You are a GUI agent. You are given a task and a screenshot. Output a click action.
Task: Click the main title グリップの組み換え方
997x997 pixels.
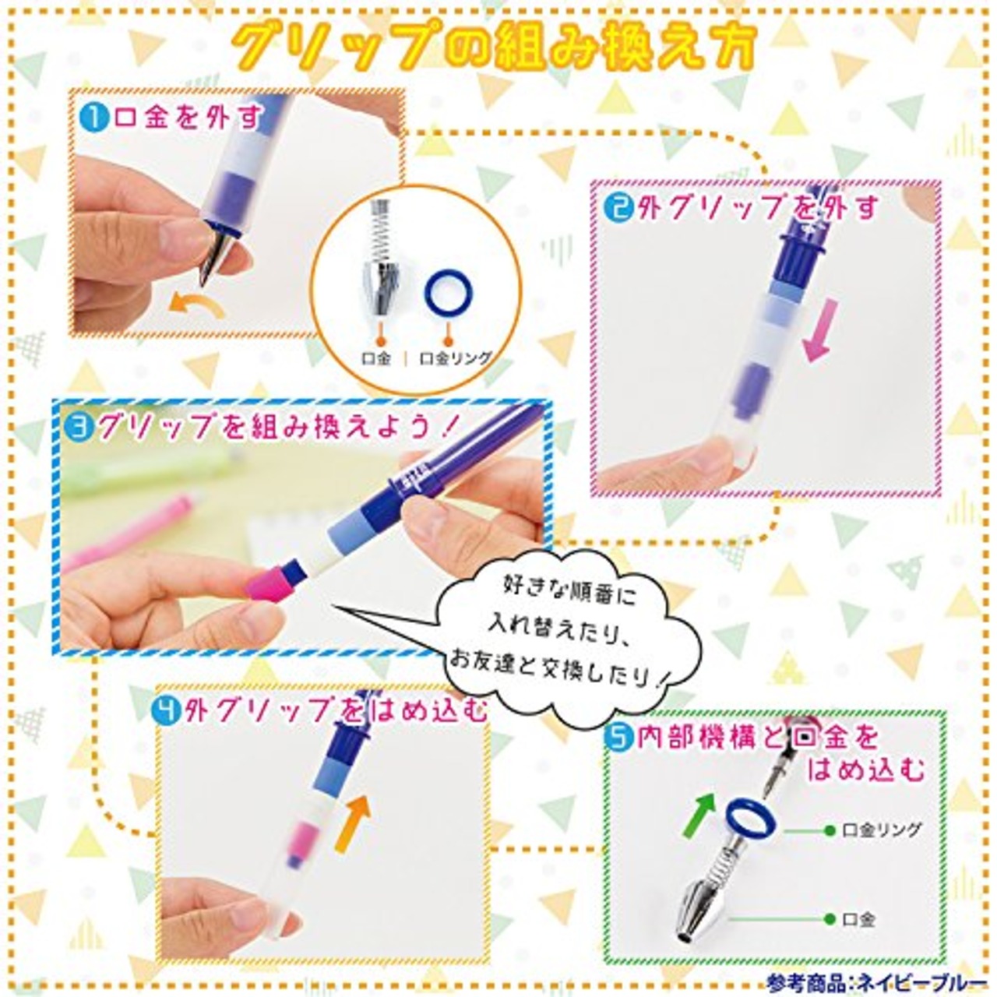(x=496, y=49)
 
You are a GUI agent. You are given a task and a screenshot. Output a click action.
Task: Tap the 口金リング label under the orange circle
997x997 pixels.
(x=456, y=358)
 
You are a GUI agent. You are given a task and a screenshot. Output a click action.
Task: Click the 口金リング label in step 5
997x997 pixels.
(x=882, y=830)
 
